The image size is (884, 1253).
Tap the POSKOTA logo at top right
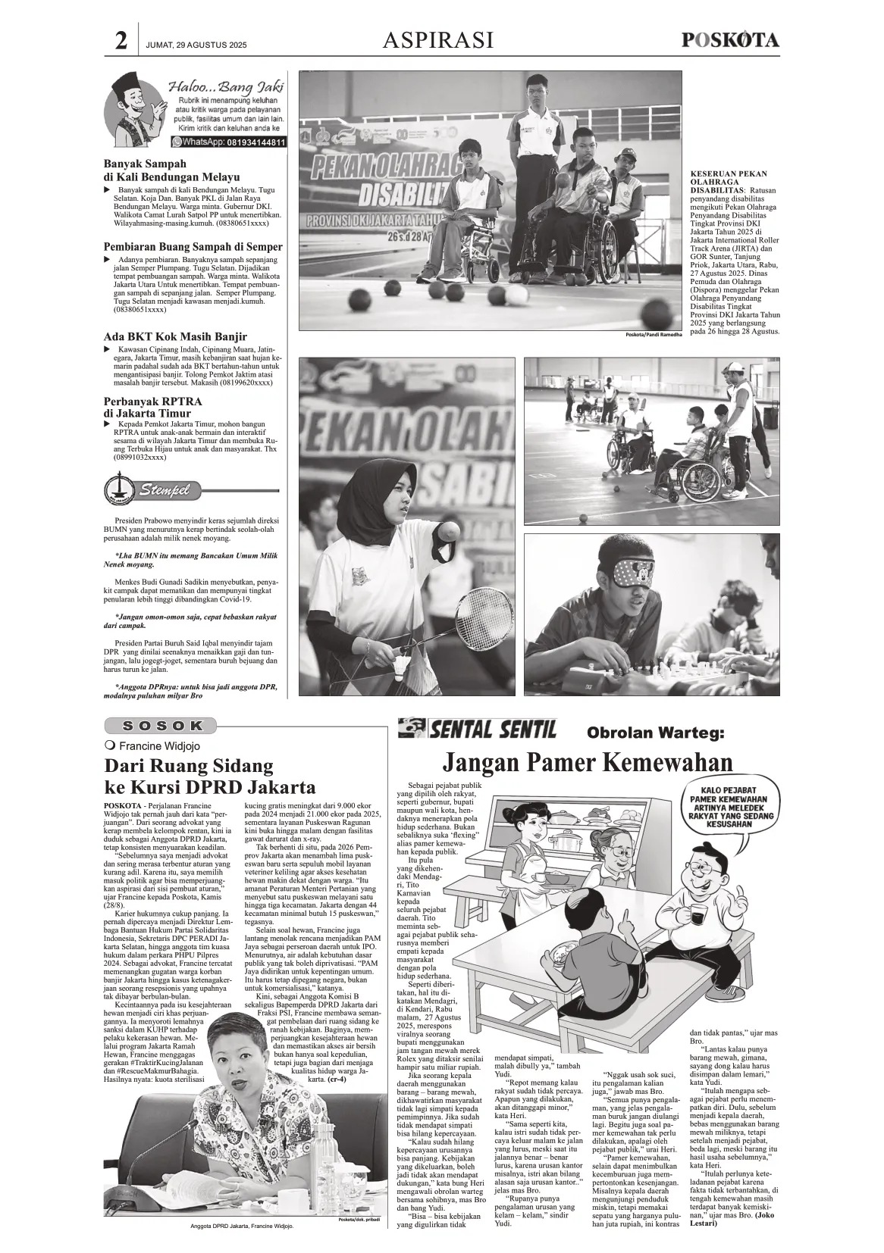730,40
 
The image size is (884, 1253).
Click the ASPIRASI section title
438,40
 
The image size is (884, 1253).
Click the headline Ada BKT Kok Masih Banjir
175,337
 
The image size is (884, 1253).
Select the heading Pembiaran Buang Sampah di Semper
193,247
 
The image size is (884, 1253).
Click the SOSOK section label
163,725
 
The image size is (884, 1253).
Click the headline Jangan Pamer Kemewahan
588,761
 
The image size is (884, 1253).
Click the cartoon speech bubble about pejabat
726,810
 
